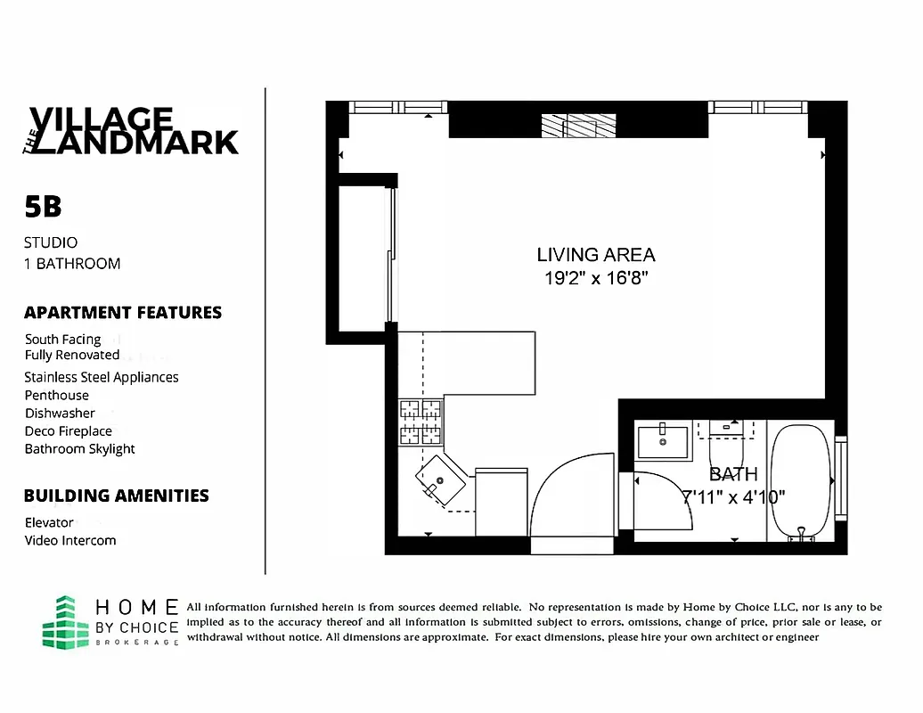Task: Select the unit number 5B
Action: [43, 207]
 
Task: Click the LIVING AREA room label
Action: [595, 255]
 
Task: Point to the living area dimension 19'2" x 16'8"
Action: [595, 278]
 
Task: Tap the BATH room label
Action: [733, 474]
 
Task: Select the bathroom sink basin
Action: [664, 441]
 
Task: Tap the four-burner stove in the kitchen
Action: [421, 422]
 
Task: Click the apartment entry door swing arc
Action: [570, 495]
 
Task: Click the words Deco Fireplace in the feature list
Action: [69, 431]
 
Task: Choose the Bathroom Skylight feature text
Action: [80, 449]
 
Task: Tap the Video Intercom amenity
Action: [70, 540]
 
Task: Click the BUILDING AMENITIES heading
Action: [117, 496]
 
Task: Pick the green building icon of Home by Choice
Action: [66, 621]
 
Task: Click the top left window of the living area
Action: [388, 107]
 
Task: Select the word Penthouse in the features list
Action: [57, 395]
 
